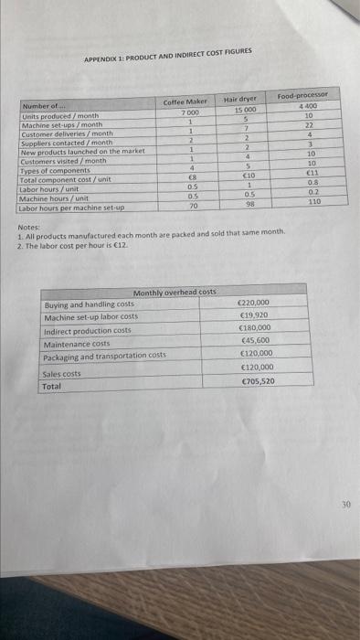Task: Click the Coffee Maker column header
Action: [x=185, y=101]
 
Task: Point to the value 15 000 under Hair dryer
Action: [x=240, y=109]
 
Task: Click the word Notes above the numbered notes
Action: [x=27, y=229]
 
